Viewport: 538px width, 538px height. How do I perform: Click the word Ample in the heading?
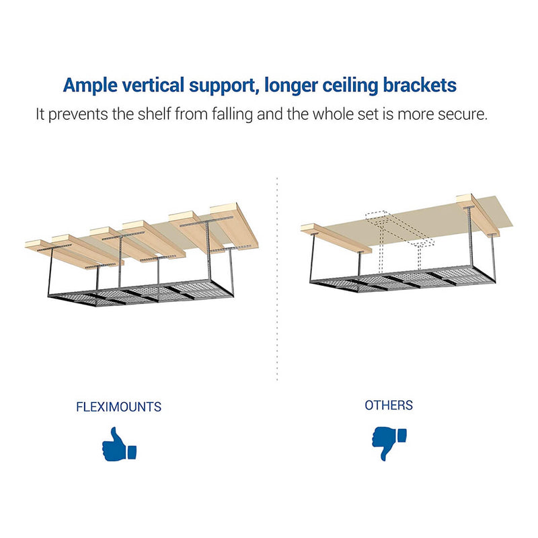tap(90, 86)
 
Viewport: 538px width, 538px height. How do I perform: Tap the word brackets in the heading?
tap(420, 85)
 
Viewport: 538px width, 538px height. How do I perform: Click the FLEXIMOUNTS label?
tap(119, 407)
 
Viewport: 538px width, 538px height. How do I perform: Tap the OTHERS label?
tap(389, 406)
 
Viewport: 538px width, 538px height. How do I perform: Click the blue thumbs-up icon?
tap(119, 444)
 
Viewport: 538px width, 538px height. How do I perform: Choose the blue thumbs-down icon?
tap(389, 443)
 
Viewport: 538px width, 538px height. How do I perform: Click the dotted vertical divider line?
tap(277, 278)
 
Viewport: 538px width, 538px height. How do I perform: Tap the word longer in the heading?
tap(291, 86)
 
